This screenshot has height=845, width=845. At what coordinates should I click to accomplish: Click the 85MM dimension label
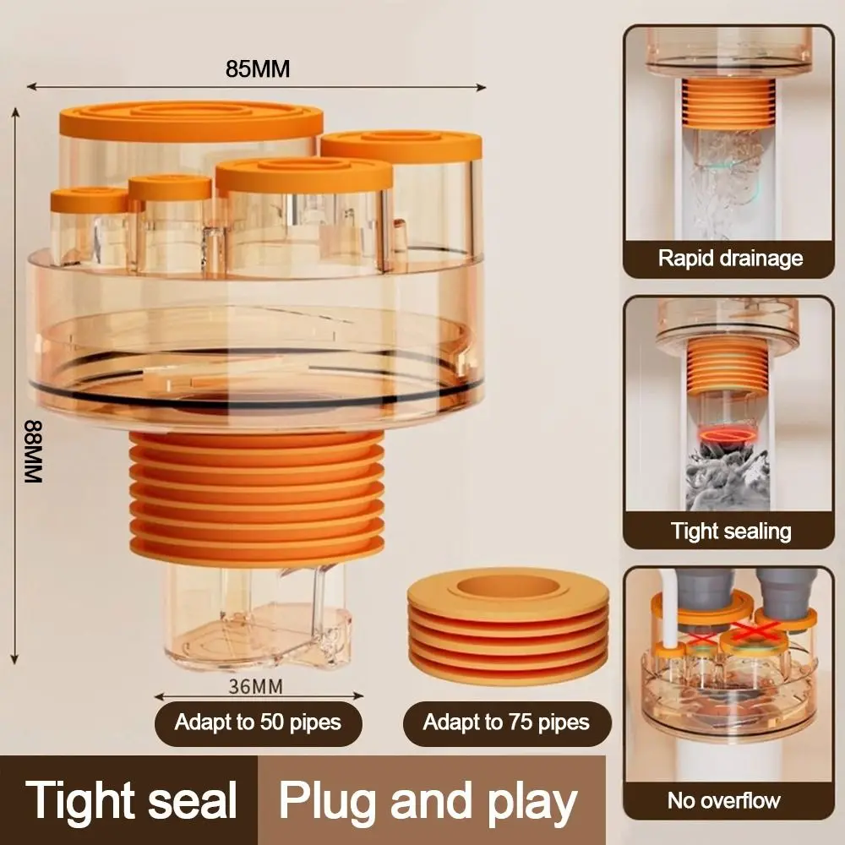(257, 69)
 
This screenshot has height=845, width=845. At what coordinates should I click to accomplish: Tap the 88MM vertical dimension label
(32, 451)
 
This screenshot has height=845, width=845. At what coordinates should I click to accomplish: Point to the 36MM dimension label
(255, 685)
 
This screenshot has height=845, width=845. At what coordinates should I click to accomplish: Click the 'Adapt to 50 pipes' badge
(257, 722)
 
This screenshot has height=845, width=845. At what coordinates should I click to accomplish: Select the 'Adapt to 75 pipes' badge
(505, 722)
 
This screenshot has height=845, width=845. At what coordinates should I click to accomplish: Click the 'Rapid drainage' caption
(730, 258)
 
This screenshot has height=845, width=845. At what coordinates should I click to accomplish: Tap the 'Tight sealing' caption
(730, 532)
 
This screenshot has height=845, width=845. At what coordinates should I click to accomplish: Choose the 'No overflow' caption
(723, 799)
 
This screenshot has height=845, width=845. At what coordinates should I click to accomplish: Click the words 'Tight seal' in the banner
(130, 799)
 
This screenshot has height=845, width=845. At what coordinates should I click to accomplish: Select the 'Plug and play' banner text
(428, 799)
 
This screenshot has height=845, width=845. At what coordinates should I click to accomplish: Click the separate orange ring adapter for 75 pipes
(507, 625)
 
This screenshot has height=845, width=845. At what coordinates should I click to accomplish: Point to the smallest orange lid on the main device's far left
(87, 200)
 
